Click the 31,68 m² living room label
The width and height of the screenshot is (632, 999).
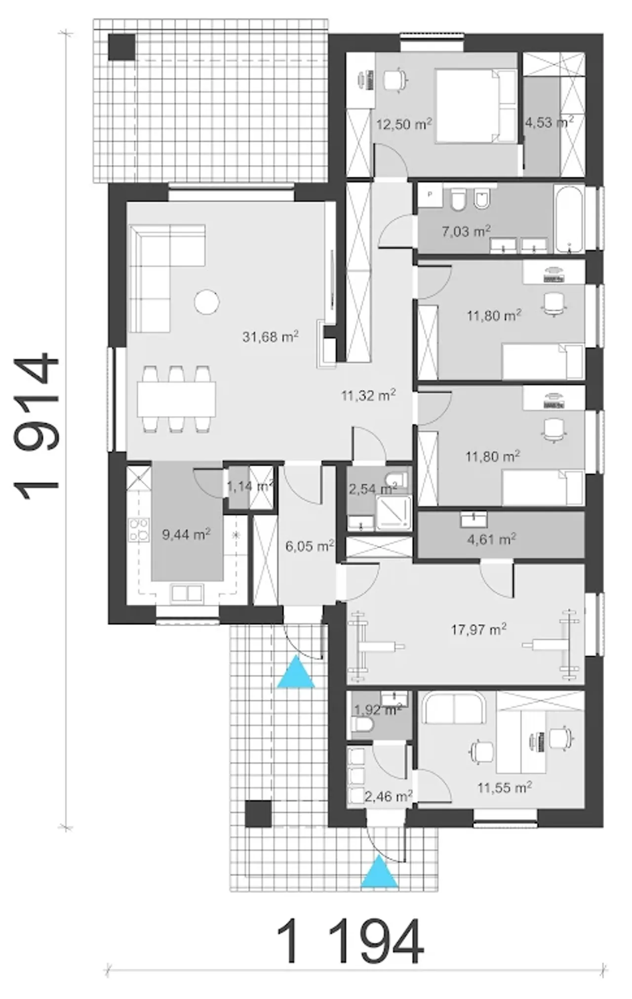point(270,337)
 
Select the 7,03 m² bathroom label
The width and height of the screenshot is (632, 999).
point(466,231)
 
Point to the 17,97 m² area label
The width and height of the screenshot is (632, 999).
point(478,629)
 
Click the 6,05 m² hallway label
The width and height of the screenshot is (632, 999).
point(310,546)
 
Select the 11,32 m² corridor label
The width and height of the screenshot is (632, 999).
point(368,395)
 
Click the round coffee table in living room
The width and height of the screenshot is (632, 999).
point(206,301)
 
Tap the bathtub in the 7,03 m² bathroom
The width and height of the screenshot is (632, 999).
point(570,219)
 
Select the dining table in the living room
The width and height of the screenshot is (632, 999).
point(176,399)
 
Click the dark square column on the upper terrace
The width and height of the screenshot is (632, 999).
point(121,47)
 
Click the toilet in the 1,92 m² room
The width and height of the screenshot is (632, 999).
point(362,725)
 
